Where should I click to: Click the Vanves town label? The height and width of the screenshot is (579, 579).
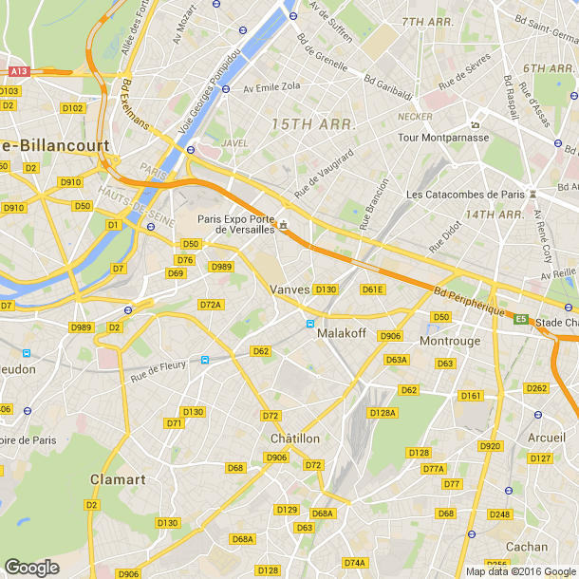290,289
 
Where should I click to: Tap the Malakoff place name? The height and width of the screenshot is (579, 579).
343,333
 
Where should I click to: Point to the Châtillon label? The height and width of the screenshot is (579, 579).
295,439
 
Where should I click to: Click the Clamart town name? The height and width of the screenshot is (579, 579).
118,479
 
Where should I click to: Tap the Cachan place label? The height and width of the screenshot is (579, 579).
527,547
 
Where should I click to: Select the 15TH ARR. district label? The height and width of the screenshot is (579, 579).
313,124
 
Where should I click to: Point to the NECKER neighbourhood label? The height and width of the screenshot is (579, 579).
416,117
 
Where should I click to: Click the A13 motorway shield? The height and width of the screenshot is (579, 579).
18,70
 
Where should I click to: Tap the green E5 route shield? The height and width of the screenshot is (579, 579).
521,319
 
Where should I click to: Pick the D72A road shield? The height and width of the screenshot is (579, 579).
211,305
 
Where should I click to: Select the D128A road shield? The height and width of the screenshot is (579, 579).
382,412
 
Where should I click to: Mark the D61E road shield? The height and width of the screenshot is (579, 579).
372,289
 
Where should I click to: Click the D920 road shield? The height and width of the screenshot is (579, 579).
490,445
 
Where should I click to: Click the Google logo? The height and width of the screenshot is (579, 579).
31,567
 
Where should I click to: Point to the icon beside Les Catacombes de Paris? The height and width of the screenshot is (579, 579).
533,194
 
